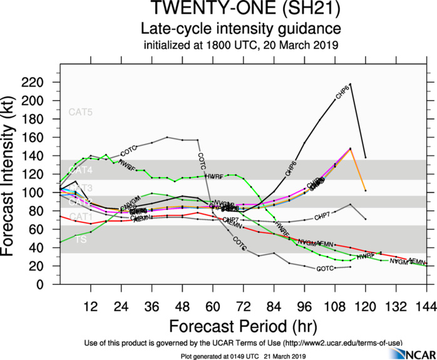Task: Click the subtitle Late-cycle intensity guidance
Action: pos(240,29)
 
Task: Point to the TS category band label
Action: pos(81,240)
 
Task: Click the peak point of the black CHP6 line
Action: pos(350,83)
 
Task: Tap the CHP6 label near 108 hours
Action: pos(342,95)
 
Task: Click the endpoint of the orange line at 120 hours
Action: pos(365,190)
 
